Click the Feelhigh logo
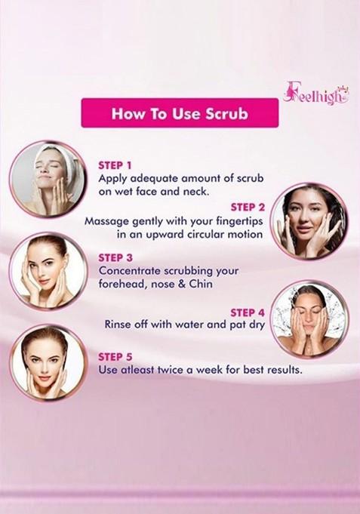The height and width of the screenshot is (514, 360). tap(315, 93)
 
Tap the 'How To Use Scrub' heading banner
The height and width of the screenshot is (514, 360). tap(180, 114)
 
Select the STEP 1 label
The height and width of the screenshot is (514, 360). tap(115, 164)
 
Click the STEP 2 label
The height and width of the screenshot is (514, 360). tap(248, 206)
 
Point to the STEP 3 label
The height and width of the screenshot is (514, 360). tap(115, 257)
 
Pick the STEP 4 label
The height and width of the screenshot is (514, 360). tap(248, 311)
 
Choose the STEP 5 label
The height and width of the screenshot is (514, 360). tap(115, 354)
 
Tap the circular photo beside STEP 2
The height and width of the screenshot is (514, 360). tap(309, 221)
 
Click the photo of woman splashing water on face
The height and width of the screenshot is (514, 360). tap(309, 319)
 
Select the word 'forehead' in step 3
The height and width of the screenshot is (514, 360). tap(122, 285)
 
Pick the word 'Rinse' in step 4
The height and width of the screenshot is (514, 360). tap(120, 324)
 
